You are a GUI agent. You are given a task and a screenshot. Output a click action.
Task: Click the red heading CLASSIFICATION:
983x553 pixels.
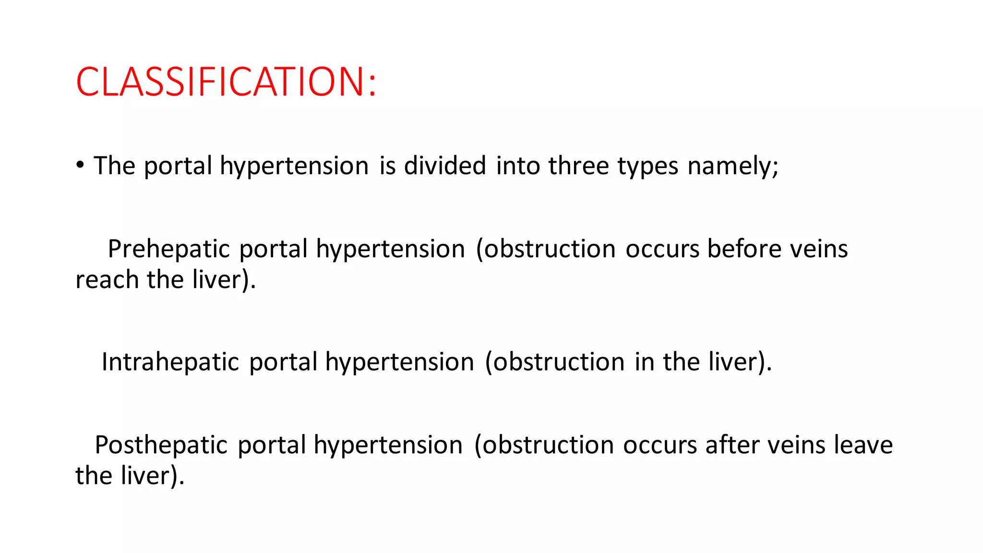coord(226,82)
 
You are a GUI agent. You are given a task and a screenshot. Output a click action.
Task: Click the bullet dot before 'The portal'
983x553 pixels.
coord(80,165)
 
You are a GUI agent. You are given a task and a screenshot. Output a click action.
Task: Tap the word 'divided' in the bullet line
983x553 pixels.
coord(445,166)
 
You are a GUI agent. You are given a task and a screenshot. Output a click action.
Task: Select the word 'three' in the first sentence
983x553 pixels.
coord(578,166)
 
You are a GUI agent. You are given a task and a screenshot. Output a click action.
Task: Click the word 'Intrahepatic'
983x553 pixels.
coord(170,361)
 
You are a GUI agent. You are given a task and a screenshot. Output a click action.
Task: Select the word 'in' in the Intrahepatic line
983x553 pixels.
coord(644,361)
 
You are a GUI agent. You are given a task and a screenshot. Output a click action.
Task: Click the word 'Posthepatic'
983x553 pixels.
coord(161,445)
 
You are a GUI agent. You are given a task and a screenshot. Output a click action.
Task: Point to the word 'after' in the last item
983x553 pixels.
coord(732,445)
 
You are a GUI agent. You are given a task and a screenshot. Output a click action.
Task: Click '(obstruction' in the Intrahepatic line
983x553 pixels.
coord(555,362)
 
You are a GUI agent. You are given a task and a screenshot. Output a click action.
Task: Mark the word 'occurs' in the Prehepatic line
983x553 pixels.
coord(662,249)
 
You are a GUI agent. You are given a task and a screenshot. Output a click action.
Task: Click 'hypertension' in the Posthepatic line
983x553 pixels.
coord(388,445)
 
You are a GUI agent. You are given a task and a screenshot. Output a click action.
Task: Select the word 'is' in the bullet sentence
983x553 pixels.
coord(387,166)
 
